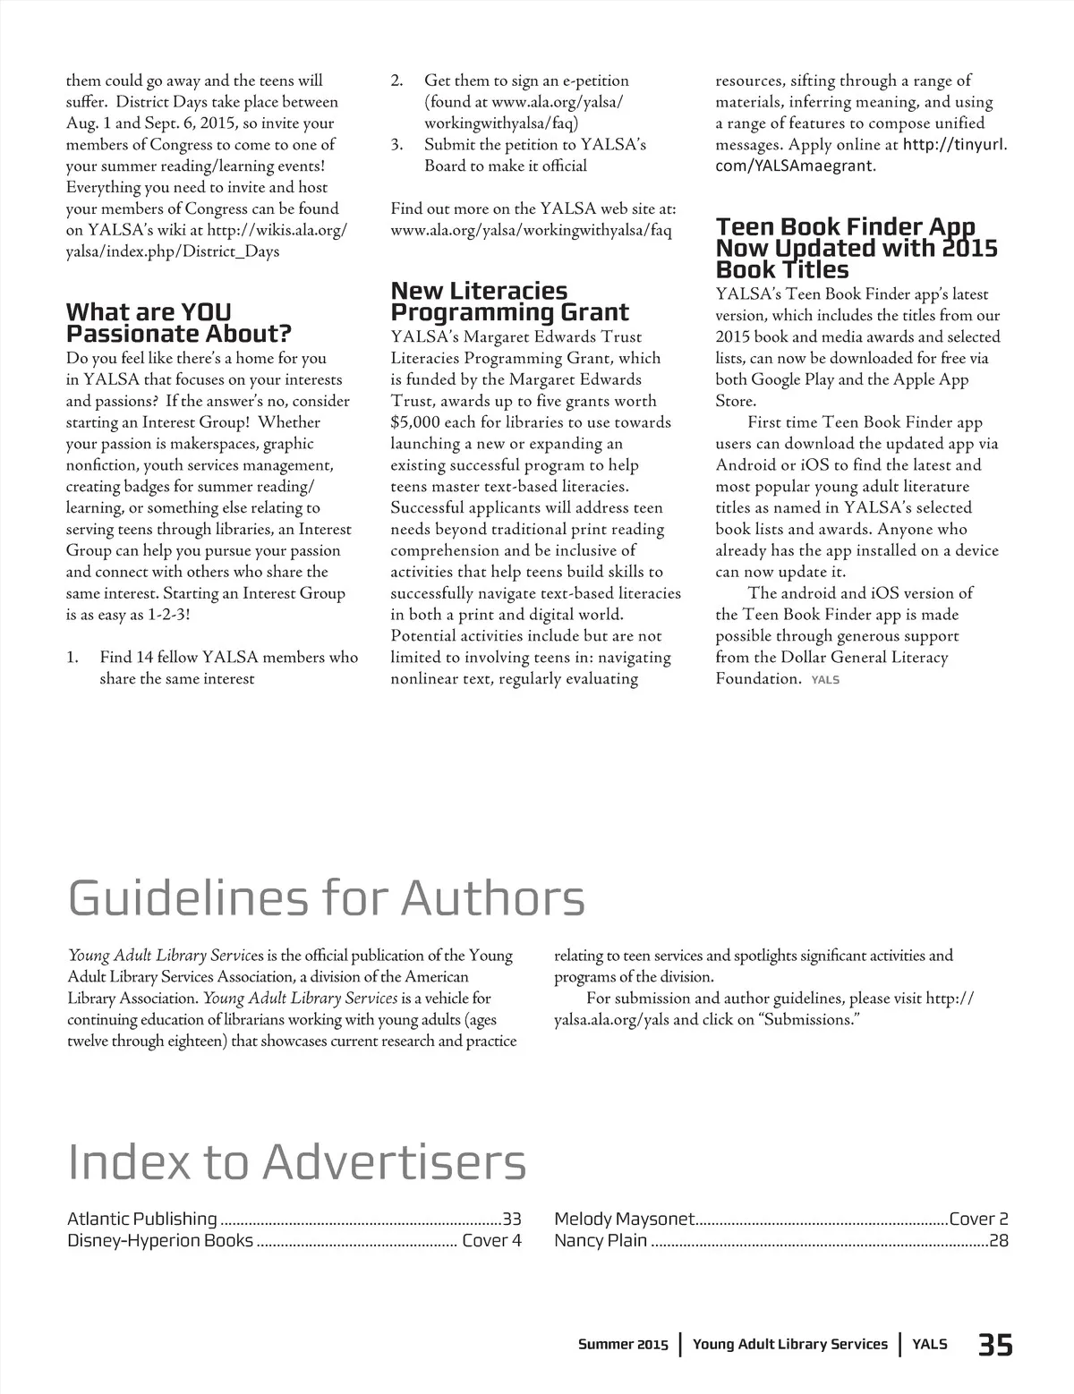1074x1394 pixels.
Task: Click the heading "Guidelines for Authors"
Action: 327,897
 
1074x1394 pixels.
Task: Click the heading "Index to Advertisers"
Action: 297,1161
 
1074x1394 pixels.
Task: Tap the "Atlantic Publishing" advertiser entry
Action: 142,1219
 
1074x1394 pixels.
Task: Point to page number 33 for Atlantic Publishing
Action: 511,1219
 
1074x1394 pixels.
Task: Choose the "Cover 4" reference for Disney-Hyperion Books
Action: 491,1241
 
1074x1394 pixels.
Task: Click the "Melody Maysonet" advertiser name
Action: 624,1219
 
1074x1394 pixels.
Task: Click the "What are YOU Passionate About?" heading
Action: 179,323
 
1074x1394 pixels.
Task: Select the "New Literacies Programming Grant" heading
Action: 509,302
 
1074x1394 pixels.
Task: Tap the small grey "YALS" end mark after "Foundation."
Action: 825,680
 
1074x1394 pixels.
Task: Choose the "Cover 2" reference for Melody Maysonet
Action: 978,1219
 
